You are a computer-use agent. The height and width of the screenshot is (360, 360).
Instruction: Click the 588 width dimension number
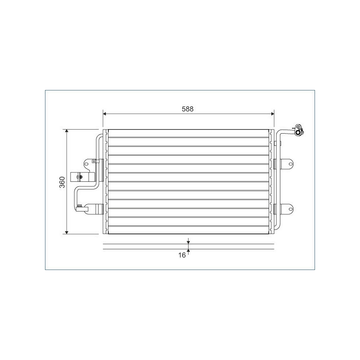coord(188,109)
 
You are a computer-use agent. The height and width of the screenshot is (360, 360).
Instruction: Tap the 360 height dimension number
coord(63,182)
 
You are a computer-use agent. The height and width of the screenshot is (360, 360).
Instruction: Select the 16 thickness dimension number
coord(182,255)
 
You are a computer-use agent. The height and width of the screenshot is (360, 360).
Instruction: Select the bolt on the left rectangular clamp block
coord(80,177)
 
